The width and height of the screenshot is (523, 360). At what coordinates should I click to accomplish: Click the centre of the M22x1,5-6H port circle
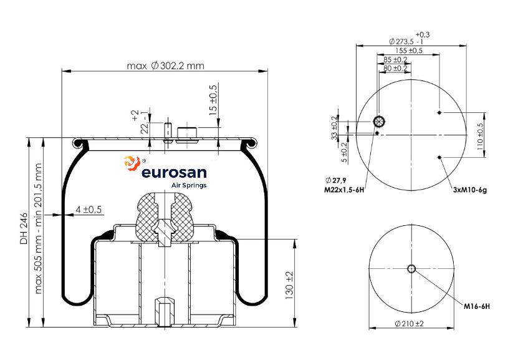click(x=379, y=122)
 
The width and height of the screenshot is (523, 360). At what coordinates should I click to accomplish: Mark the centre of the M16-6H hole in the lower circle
click(x=411, y=268)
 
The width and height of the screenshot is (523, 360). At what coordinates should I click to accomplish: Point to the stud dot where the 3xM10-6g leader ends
click(x=439, y=157)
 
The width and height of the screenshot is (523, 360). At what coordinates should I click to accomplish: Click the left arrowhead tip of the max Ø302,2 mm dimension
click(x=62, y=71)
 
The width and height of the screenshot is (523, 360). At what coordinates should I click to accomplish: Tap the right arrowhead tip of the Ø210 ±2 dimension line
click(x=454, y=328)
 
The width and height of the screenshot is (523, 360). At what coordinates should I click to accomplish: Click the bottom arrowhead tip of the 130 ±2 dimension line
click(x=295, y=328)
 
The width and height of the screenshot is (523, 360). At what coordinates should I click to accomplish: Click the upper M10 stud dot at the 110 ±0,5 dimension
click(x=439, y=112)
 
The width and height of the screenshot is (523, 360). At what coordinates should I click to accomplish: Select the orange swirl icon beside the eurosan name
click(x=132, y=163)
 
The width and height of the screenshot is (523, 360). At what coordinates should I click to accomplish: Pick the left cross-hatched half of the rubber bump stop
click(x=146, y=217)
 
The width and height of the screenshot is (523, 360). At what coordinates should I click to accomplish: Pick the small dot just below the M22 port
click(x=377, y=133)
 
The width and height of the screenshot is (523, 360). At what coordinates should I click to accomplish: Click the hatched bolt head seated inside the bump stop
click(x=165, y=233)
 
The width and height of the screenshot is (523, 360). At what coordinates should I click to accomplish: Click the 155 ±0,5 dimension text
click(x=408, y=51)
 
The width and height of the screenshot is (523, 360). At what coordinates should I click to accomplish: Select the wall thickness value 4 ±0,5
click(x=89, y=210)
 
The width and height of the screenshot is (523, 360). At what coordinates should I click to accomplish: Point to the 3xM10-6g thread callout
click(x=469, y=190)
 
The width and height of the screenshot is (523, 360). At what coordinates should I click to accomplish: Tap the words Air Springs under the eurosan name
click(x=188, y=185)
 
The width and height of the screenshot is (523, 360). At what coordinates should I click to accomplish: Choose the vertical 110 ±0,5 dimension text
click(x=480, y=135)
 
